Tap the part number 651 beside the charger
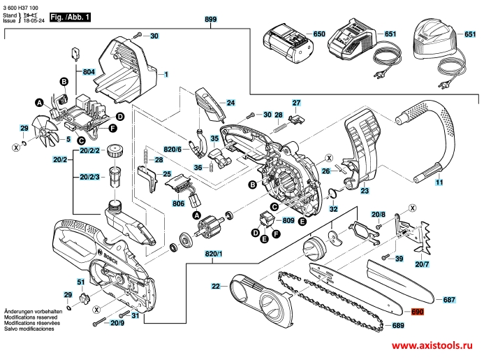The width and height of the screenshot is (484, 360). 390,34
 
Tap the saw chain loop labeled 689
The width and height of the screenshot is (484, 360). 328,301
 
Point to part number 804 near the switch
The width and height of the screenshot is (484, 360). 88,72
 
